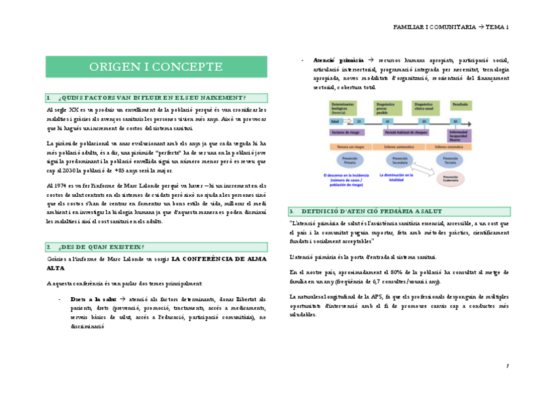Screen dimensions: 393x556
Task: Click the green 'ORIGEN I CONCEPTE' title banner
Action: [156, 67]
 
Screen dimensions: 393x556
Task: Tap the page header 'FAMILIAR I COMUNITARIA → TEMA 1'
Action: [450, 27]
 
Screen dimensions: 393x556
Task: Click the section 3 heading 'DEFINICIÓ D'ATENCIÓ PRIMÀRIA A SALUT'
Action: [371, 211]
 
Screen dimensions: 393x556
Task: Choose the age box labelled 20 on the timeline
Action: [359, 121]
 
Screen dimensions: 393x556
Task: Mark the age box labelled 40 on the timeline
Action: [387, 121]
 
